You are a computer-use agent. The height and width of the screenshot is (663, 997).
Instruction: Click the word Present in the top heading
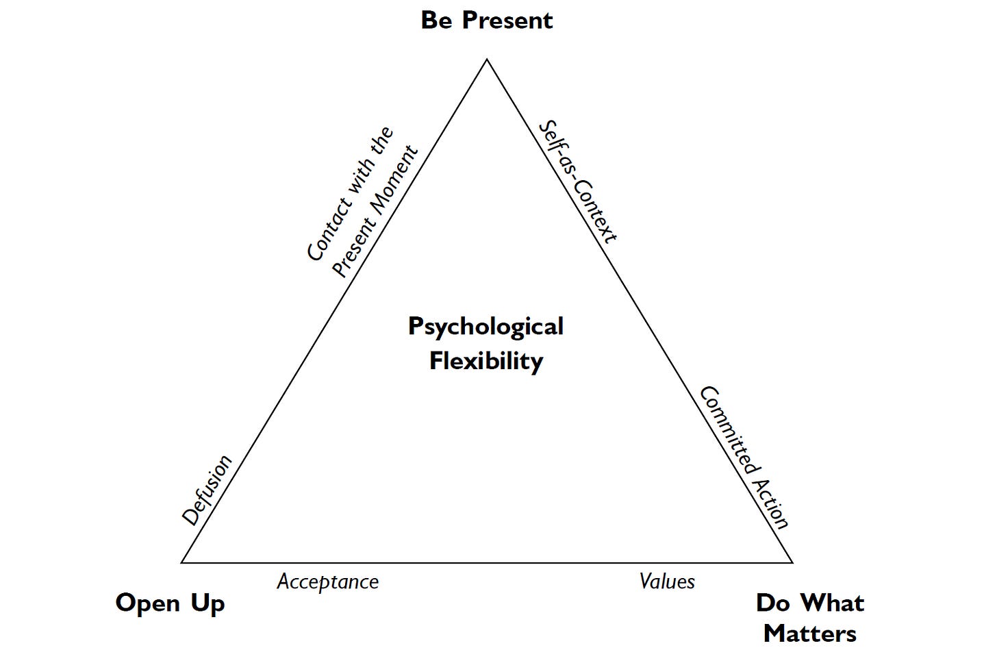[507, 21]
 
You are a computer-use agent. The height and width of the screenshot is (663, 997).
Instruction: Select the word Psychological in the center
[485, 327]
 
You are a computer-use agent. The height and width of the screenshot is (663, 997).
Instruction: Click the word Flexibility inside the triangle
[485, 360]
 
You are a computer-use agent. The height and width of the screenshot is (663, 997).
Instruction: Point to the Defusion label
[207, 490]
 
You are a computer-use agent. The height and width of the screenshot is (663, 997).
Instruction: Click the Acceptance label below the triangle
[327, 582]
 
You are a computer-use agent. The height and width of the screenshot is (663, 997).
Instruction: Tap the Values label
[667, 581]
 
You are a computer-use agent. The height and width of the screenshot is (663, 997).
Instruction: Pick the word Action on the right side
[770, 503]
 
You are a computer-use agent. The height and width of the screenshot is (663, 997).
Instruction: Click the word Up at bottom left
[207, 604]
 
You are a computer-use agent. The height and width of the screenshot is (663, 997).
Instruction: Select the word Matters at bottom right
[809, 634]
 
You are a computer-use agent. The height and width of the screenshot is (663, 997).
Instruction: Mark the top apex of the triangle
[486, 60]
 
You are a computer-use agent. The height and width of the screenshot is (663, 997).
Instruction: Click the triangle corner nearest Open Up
[182, 562]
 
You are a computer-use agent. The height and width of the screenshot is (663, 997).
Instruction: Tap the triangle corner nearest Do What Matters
[792, 562]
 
